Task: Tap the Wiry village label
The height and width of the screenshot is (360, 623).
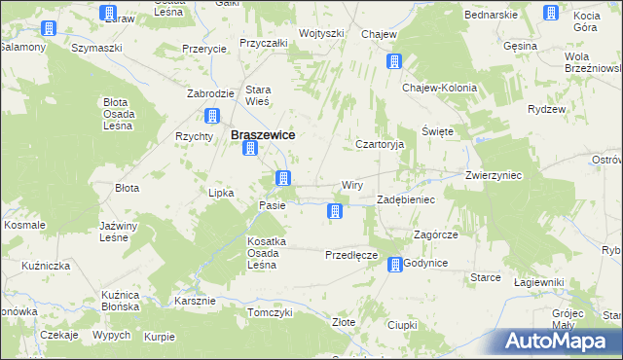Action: coord(352,185)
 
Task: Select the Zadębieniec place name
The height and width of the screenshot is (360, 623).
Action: coord(406,198)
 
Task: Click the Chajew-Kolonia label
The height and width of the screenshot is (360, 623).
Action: coord(440,88)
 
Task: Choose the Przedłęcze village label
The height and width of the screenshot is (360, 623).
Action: coord(350,255)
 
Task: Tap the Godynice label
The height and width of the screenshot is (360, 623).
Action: coord(425,264)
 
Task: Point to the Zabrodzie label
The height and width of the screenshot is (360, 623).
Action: coord(210,93)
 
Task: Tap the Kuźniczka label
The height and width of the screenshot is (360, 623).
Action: coord(47,266)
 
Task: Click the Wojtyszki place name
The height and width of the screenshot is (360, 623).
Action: coord(322,33)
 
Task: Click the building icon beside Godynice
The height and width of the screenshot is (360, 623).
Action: coord(395,264)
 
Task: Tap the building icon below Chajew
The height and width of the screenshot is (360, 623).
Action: coord(394,62)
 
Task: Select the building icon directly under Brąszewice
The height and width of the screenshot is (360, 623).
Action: coord(250,149)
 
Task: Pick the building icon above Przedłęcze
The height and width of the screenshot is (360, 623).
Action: coord(336,211)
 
